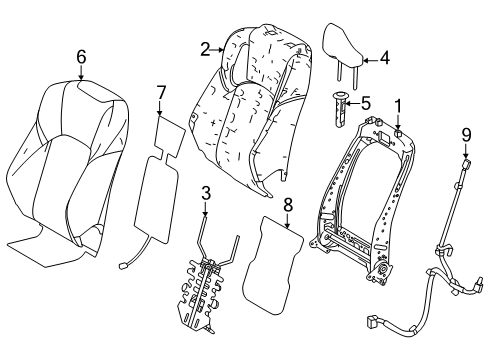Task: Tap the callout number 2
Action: pos(204,47)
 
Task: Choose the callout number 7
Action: pos(159,94)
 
